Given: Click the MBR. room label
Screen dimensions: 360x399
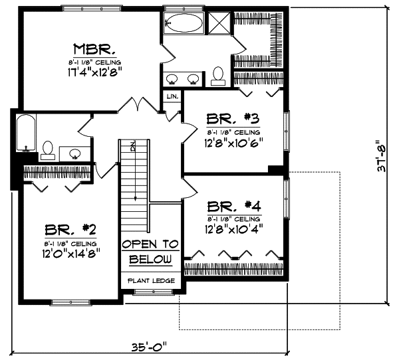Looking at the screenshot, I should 96,48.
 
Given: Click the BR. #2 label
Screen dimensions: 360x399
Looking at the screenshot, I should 70,230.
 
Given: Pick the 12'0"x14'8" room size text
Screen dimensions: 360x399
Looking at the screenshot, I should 70,253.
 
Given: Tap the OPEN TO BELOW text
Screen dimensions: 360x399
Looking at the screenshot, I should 151,252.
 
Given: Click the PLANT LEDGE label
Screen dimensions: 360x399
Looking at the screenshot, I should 151,280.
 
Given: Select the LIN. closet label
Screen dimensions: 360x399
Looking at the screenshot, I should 172,97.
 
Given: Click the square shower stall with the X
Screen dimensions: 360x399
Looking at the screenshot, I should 217,23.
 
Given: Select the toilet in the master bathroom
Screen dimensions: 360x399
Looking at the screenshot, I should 218,77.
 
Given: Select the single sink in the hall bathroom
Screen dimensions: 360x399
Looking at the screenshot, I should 75,153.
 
